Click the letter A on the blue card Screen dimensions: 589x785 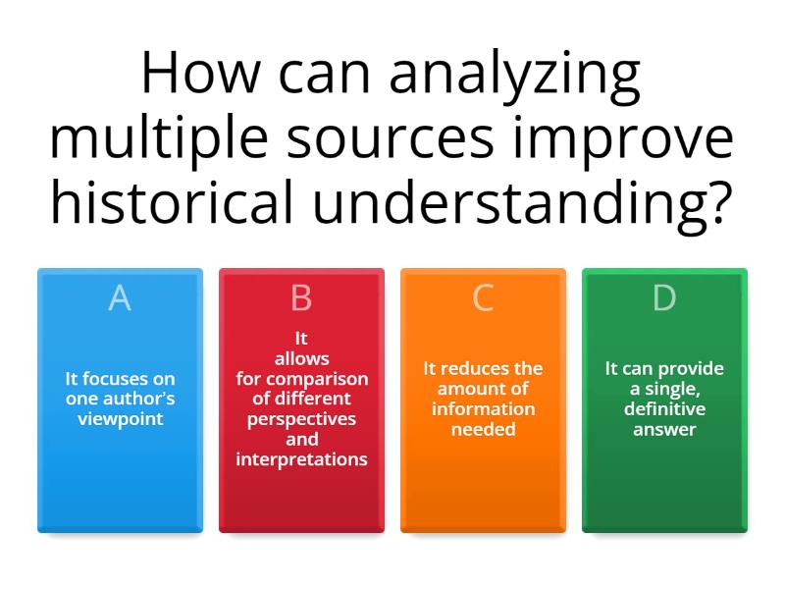(120, 297)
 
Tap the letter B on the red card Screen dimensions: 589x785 (301, 297)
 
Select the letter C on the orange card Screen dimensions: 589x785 (483, 297)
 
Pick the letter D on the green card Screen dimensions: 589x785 (664, 297)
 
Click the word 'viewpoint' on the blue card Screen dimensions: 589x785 (120, 419)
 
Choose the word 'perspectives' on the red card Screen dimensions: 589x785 (301, 419)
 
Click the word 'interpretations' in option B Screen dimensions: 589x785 (301, 459)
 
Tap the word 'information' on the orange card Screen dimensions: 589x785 (483, 408)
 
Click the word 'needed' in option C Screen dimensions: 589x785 (483, 429)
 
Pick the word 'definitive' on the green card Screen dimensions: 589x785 (664, 408)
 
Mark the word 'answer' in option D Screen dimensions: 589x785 (664, 429)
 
